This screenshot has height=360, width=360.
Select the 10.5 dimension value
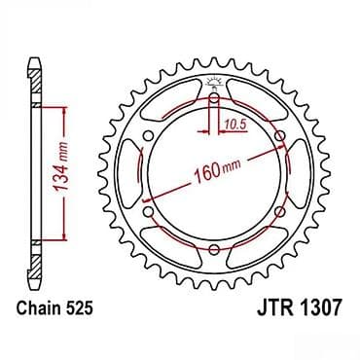(x=234, y=124)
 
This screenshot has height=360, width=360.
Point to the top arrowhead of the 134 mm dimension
(x=64, y=109)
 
